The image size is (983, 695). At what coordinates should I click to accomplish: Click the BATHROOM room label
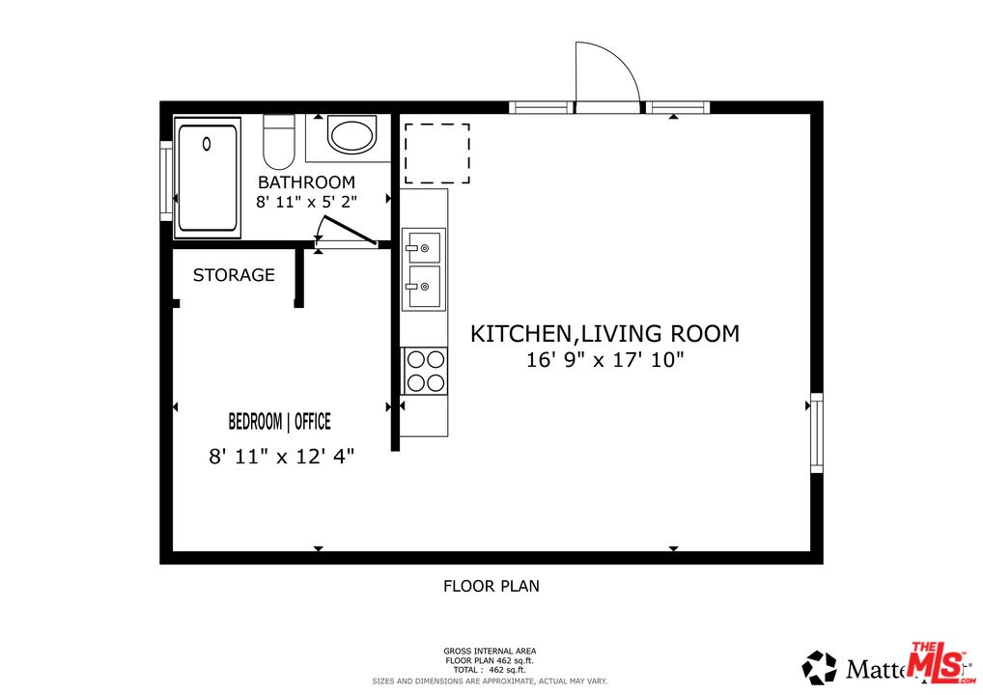tap(306, 182)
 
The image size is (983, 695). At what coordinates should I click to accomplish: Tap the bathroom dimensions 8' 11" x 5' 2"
tap(306, 203)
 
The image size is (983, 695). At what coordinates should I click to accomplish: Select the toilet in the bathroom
tap(279, 143)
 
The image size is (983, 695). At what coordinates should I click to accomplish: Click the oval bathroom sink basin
tap(351, 136)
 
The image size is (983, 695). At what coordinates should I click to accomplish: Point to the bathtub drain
tap(207, 144)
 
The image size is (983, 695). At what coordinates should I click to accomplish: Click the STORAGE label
tap(234, 275)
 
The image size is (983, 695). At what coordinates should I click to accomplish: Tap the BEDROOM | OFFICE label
tap(279, 422)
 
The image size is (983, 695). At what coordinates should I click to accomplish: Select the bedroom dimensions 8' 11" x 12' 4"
tap(282, 457)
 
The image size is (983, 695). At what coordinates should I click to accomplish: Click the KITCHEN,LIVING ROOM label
tap(604, 334)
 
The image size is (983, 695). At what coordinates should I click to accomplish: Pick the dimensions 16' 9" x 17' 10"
tap(604, 361)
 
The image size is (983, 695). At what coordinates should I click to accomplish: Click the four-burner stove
tap(425, 371)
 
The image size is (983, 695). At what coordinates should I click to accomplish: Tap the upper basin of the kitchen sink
tap(424, 247)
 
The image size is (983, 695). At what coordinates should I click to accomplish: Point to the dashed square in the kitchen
tap(436, 153)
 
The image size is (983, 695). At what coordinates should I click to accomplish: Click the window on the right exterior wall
tap(816, 432)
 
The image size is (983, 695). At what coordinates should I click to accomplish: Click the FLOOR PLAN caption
tap(491, 586)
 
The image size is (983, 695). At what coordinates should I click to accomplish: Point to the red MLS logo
tap(937, 664)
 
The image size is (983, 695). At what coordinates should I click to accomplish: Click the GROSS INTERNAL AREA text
tap(490, 652)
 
